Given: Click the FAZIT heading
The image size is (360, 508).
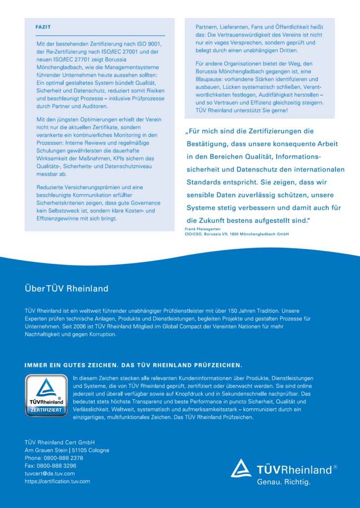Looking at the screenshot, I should pos(43,27).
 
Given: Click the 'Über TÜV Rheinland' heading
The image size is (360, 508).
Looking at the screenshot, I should pos(66,288).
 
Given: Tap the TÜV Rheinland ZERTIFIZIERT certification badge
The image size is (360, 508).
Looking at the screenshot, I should pos(46,395).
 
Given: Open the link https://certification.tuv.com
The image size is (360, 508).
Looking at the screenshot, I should pos(58,481).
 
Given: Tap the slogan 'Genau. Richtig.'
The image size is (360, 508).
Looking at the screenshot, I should pos(283,482).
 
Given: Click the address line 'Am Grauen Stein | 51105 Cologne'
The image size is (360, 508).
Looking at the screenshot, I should pos(67,450).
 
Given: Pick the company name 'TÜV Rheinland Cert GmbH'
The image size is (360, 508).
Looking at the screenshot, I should pos(60,442).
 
